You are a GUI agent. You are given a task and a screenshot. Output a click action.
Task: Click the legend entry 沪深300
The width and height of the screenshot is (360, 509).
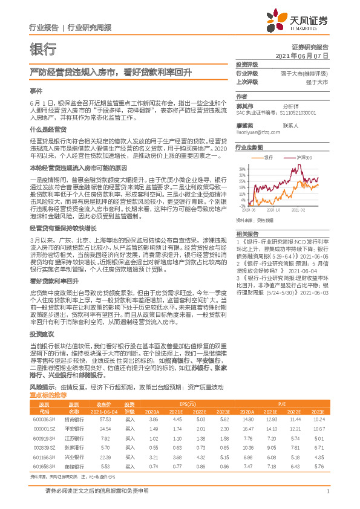pyautogui.click(x=304, y=157)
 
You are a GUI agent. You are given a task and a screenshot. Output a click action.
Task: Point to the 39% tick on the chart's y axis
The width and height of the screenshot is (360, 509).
pyautogui.click(x=243, y=168)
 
